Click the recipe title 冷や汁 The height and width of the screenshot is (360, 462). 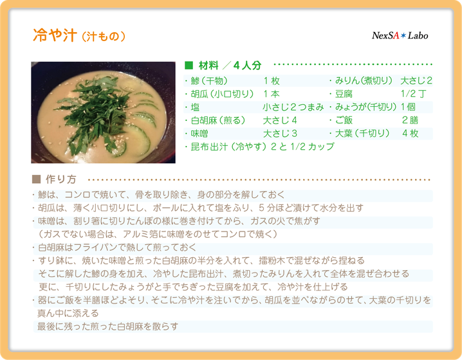click(55, 35)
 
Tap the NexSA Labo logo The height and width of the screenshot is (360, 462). click(400, 35)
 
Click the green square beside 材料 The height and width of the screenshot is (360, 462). click(189, 65)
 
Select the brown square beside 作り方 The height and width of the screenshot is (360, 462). click(36, 179)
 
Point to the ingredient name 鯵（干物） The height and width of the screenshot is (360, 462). click(209, 80)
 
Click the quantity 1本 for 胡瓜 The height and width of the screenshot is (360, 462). click(272, 94)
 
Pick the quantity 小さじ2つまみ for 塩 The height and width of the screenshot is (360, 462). click(293, 107)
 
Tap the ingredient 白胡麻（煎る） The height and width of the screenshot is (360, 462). click(218, 120)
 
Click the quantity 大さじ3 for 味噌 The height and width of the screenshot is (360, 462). click(280, 134)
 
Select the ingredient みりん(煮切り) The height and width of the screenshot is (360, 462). click(364, 80)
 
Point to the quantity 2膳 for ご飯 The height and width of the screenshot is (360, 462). click(410, 120)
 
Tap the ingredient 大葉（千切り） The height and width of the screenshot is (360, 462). click(362, 134)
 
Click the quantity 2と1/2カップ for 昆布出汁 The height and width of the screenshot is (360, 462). click(302, 147)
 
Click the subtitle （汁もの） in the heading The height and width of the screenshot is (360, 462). click(103, 37)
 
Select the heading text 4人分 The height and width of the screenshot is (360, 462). click(247, 66)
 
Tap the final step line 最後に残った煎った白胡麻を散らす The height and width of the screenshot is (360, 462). click(108, 327)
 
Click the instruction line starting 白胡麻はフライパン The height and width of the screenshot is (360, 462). click(117, 248)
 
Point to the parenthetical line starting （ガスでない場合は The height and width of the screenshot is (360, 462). click(158, 234)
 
